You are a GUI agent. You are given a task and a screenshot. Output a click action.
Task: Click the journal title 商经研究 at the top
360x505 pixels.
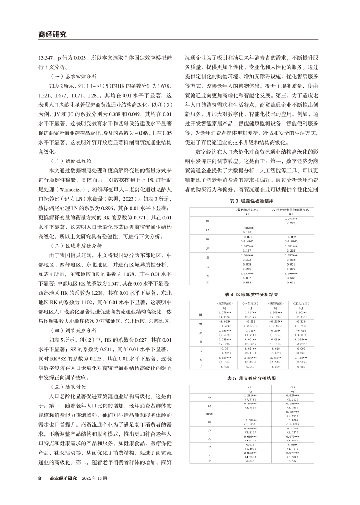(x=50, y=35)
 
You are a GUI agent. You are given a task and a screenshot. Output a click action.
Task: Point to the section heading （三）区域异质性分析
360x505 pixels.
(x=75, y=245)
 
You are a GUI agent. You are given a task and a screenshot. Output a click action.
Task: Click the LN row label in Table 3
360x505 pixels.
(x=208, y=229)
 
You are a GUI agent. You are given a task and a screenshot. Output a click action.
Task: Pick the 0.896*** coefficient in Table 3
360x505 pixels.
(x=246, y=227)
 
